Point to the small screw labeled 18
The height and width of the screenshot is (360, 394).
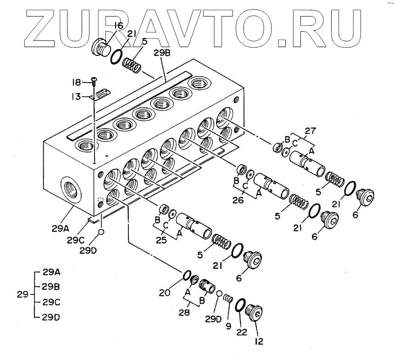click(x=94, y=82)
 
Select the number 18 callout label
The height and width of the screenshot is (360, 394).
click(x=76, y=82)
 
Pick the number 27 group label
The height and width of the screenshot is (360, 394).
click(x=311, y=131)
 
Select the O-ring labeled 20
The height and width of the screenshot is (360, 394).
click(x=187, y=275)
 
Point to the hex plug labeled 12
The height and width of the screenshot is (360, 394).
click(x=254, y=315)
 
